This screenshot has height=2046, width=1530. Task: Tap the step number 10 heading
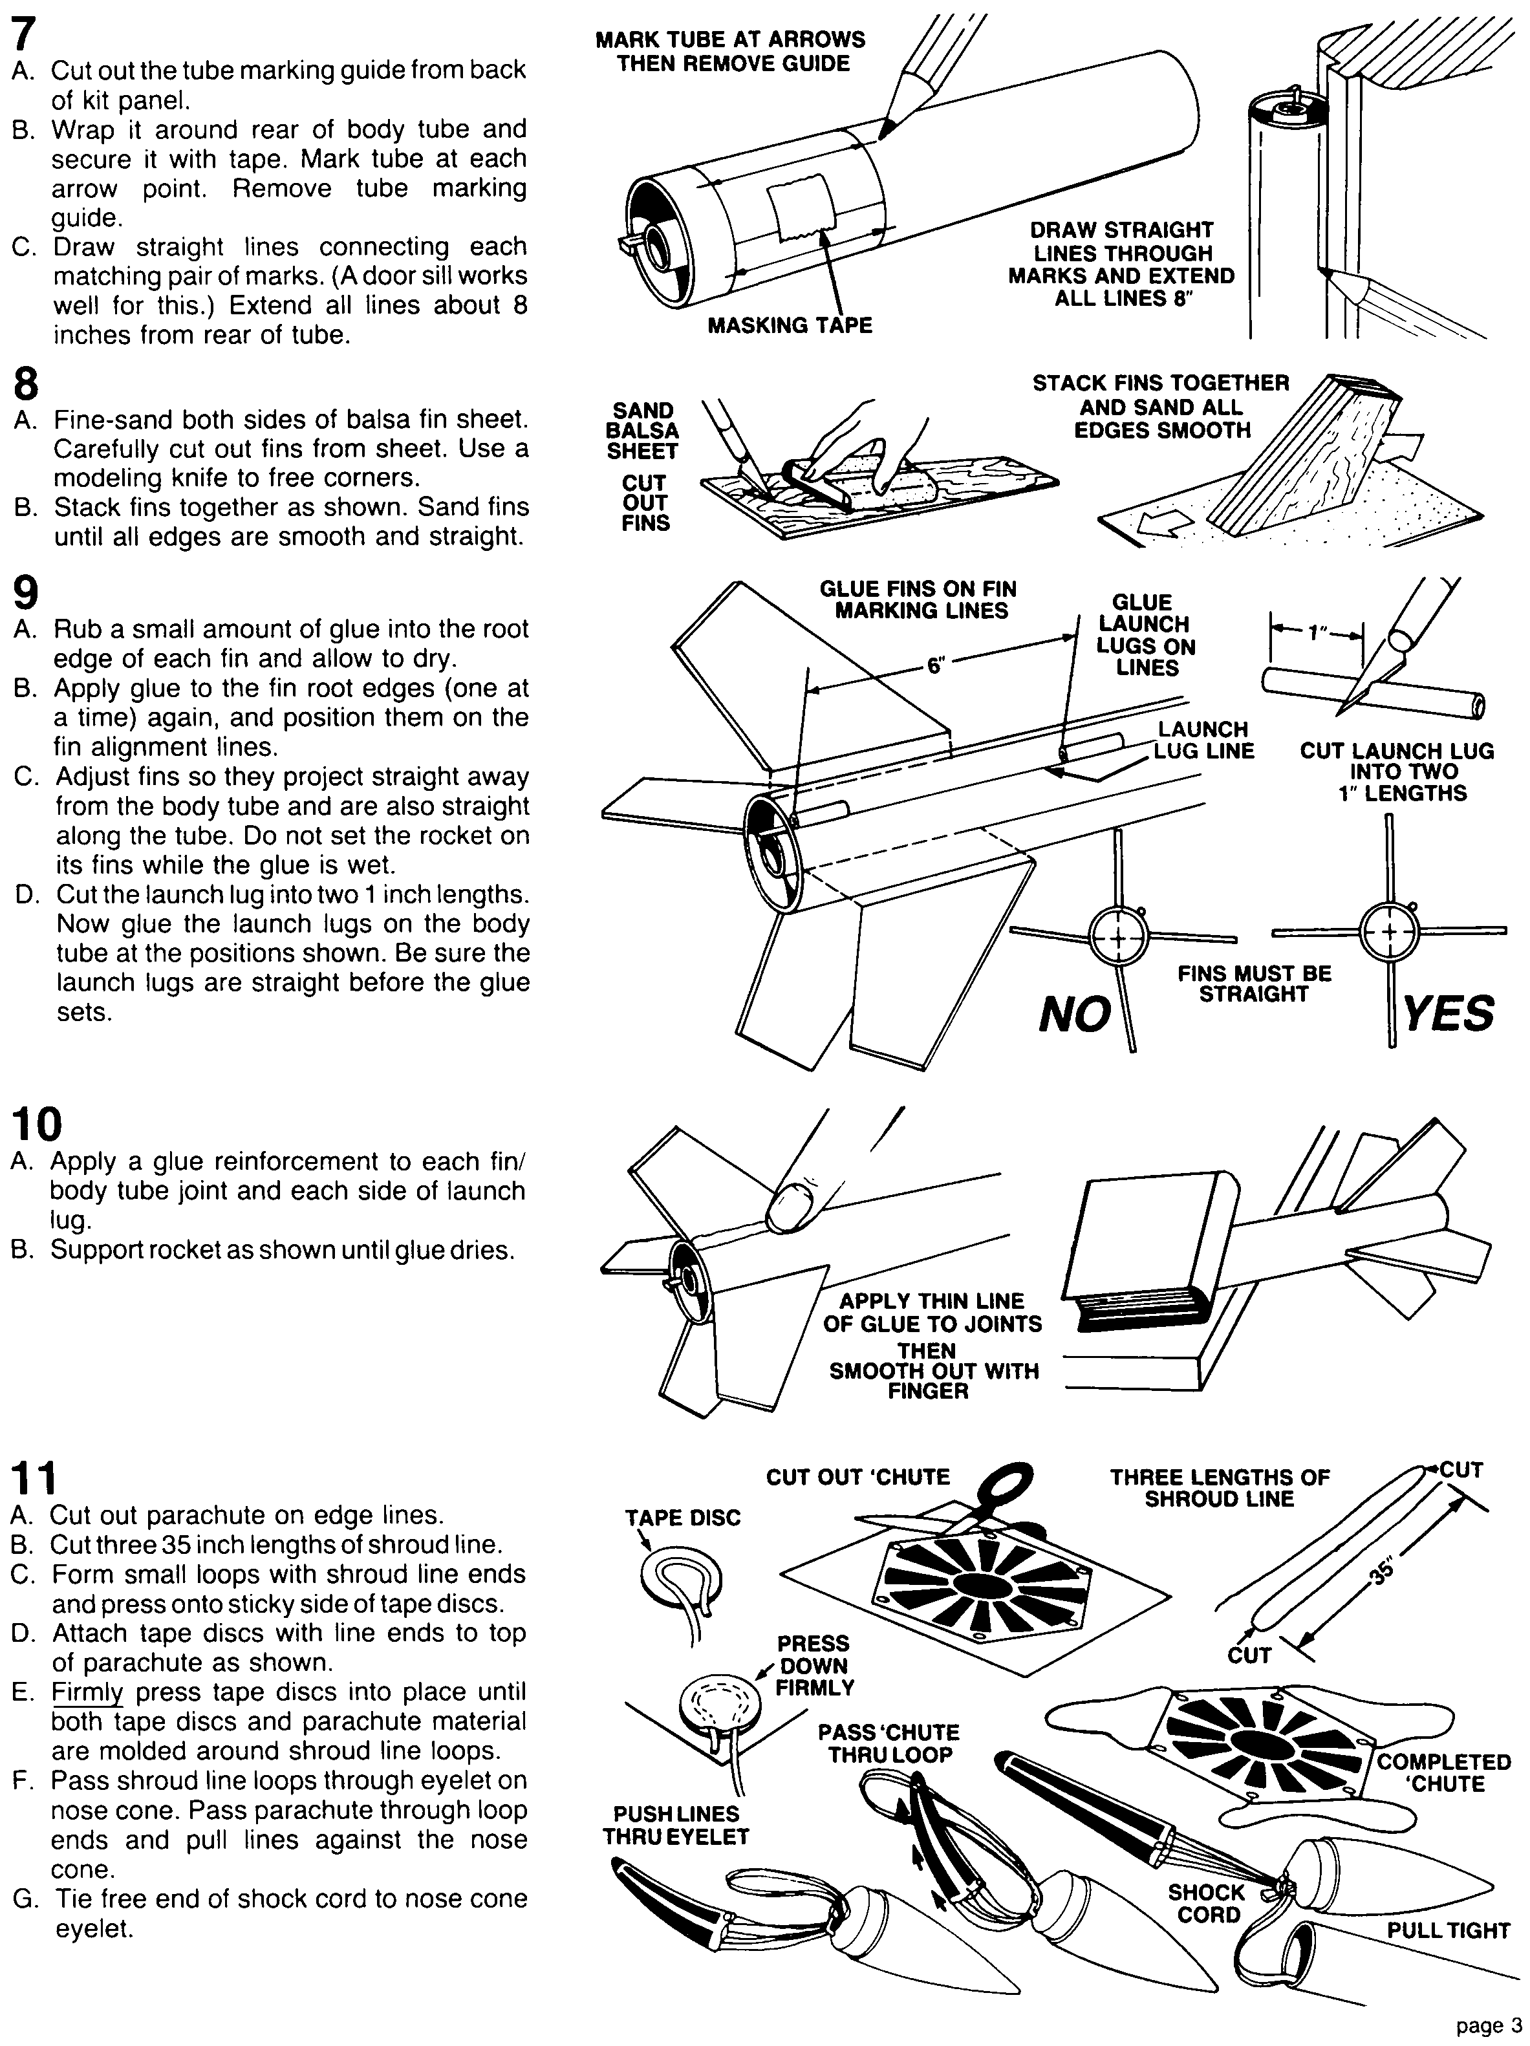(x=37, y=1125)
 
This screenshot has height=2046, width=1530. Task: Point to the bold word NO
(x=1074, y=1015)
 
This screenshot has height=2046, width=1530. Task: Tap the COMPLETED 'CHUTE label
(x=1443, y=1772)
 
